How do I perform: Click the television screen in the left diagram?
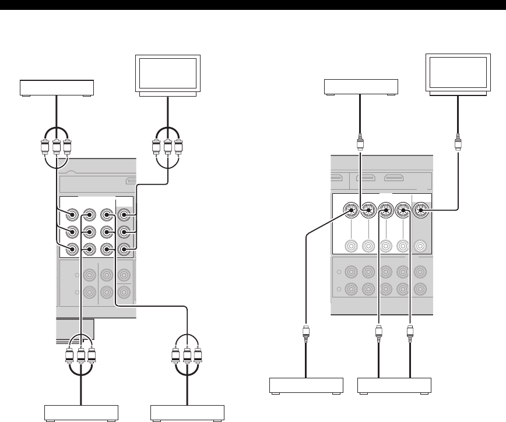(167, 73)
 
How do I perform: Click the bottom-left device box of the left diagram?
(82, 411)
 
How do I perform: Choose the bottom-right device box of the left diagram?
(187, 411)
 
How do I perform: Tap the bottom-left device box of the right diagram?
(306, 386)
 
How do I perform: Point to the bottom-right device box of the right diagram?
(394, 386)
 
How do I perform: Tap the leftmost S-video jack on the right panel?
(350, 209)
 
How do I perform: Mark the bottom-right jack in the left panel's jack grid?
(123, 250)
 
